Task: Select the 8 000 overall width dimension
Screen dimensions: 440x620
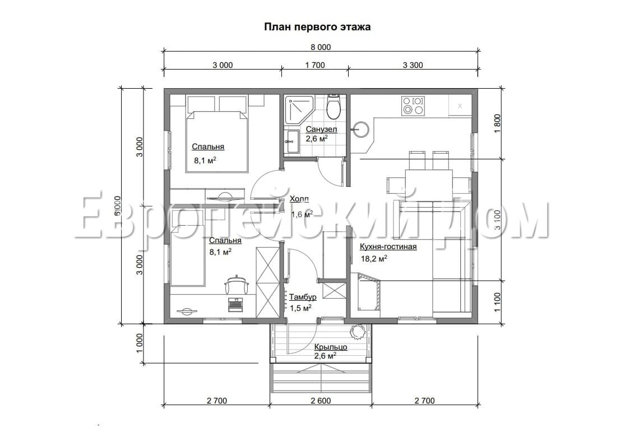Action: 321,47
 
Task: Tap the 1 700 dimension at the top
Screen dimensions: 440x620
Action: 314,65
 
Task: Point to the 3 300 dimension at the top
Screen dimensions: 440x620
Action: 413,65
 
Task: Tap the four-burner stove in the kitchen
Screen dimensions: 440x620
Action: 414,106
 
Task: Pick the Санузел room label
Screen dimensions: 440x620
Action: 321,129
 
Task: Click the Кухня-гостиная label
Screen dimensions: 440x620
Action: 388,246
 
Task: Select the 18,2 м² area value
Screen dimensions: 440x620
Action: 374,259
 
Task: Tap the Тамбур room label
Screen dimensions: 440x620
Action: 303,297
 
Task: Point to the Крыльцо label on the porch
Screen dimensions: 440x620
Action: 330,347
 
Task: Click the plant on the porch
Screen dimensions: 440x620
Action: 357,332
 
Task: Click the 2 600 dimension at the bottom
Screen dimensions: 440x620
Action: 320,401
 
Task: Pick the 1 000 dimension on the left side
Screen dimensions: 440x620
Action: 140,343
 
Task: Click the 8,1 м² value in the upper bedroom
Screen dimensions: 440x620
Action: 204,161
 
